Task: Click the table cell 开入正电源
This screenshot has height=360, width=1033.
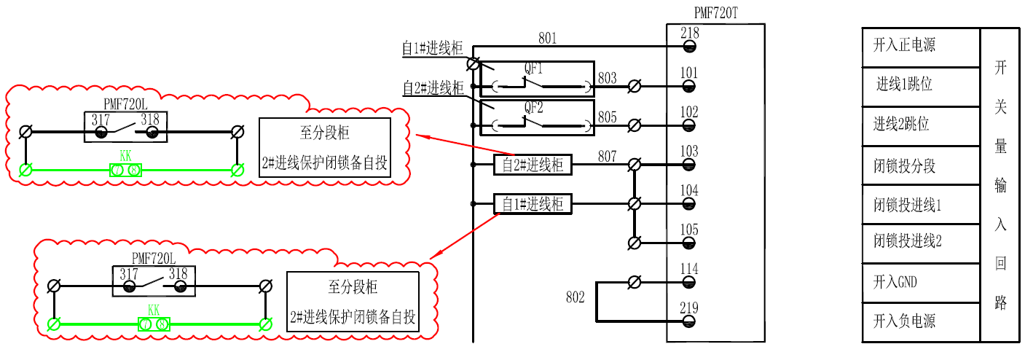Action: pyautogui.click(x=921, y=46)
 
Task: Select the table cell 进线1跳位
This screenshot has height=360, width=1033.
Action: pyautogui.click(x=921, y=85)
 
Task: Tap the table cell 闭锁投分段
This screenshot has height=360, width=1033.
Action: pyautogui.click(x=921, y=165)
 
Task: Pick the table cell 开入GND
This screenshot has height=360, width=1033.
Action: pyautogui.click(x=921, y=282)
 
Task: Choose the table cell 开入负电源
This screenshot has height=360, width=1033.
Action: pyautogui.click(x=921, y=321)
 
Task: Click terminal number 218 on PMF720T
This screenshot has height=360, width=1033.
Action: pyautogui.click(x=689, y=33)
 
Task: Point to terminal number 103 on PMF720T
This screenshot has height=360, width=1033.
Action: pyautogui.click(x=689, y=152)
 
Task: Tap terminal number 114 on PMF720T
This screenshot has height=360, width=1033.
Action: pyautogui.click(x=689, y=270)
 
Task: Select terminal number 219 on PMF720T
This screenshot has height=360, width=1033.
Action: pyautogui.click(x=689, y=308)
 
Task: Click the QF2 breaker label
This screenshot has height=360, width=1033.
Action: pyautogui.click(x=535, y=107)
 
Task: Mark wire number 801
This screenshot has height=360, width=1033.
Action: pyautogui.click(x=548, y=37)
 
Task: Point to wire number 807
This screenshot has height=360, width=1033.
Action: pyautogui.click(x=607, y=156)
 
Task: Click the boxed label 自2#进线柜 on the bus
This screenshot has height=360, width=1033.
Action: pyautogui.click(x=533, y=165)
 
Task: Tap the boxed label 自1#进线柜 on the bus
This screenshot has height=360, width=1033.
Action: pyautogui.click(x=533, y=205)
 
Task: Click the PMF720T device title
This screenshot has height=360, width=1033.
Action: pyautogui.click(x=717, y=12)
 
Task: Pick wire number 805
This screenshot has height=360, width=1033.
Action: pyautogui.click(x=607, y=117)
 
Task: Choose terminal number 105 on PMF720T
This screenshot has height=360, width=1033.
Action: pyautogui.click(x=689, y=230)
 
